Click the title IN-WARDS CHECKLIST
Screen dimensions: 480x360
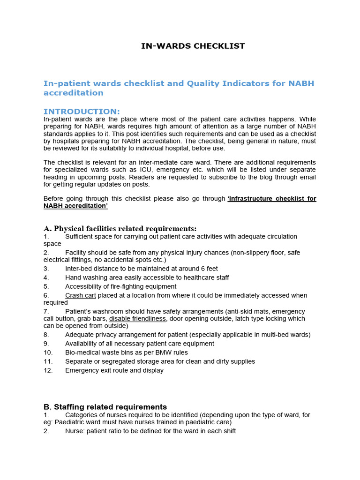pyautogui.click(x=193, y=46)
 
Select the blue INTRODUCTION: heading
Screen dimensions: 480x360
pyautogui.click(x=82, y=112)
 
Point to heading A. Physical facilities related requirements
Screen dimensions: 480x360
pyautogui.click(x=120, y=229)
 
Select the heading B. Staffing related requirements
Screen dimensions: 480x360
pyautogui.click(x=105, y=407)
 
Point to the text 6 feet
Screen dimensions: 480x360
pyautogui.click(x=206, y=269)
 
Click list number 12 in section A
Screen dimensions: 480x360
pyautogui.click(x=47, y=370)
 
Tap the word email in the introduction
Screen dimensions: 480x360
pyautogui.click(x=307, y=177)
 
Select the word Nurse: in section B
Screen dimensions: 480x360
pyautogui.click(x=76, y=431)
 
